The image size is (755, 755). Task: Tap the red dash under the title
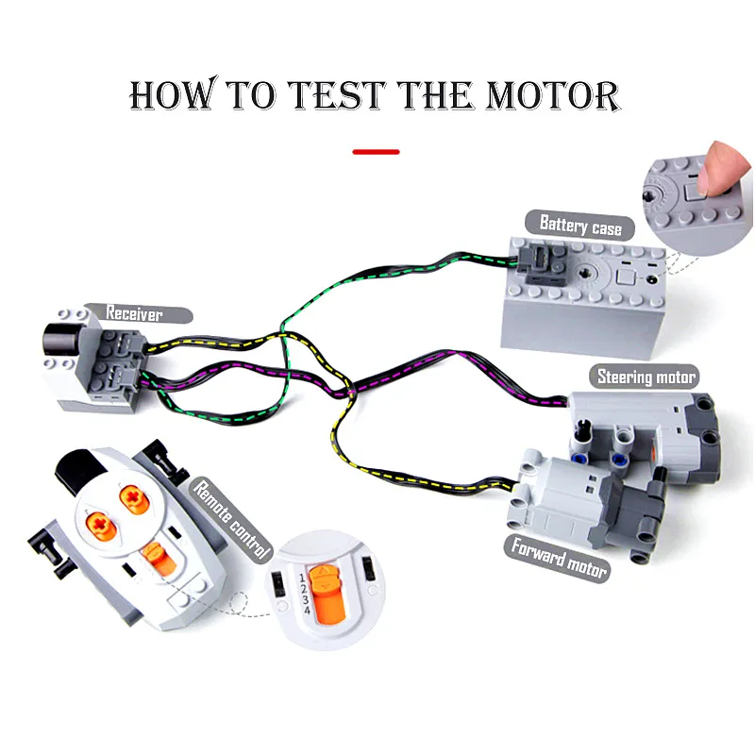[376, 151]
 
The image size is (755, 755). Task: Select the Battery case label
[580, 226]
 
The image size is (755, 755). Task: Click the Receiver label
[135, 313]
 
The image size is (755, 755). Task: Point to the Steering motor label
[646, 377]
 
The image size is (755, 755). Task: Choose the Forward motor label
[559, 557]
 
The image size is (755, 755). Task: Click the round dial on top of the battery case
[592, 274]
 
